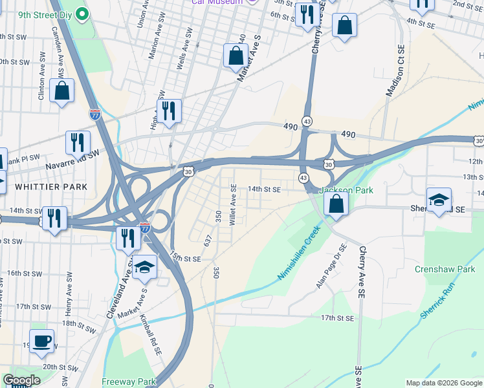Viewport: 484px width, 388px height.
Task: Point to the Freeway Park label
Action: pyautogui.click(x=129, y=382)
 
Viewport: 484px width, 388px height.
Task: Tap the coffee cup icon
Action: pyautogui.click(x=42, y=341)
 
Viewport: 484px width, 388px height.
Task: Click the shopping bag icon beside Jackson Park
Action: pyautogui.click(x=336, y=204)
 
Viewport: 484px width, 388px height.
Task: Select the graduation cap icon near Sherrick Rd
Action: pyautogui.click(x=439, y=200)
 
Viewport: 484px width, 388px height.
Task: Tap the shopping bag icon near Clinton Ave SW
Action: pyautogui.click(x=63, y=91)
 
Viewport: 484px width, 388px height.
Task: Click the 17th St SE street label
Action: pyautogui.click(x=337, y=318)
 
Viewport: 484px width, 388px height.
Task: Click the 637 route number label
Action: pyautogui.click(x=208, y=240)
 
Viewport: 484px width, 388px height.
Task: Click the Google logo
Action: pyautogui.click(x=23, y=380)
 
